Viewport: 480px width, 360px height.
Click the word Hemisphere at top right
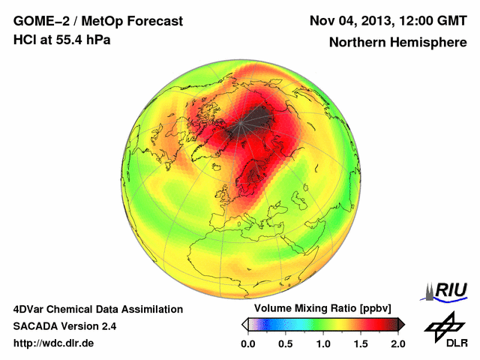427,43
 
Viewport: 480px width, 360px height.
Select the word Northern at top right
356,43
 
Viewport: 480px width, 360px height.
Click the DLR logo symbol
442,326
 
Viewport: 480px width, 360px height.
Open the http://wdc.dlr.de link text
53,343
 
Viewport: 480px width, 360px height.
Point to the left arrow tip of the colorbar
244,324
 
